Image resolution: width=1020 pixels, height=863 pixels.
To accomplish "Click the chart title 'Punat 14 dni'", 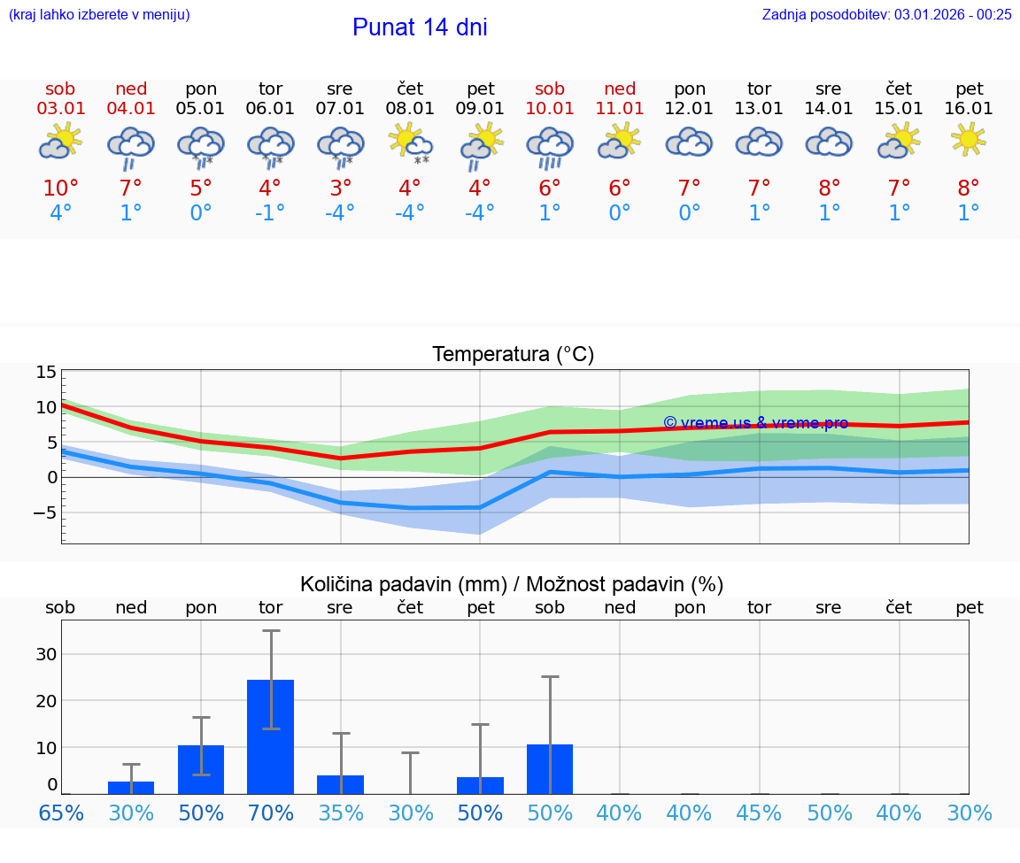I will pyautogui.click(x=420, y=27).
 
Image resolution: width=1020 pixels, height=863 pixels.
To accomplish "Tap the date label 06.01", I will pyautogui.click(x=270, y=109).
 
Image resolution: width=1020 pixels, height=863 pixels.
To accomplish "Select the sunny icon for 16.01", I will pyautogui.click(x=969, y=140).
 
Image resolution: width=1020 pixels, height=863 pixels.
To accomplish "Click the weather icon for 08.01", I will pyautogui.click(x=410, y=143).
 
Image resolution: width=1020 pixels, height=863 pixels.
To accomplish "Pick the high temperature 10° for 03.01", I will pyautogui.click(x=61, y=189).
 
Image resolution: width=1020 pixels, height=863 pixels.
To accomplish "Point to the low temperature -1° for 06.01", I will pyautogui.click(x=270, y=213).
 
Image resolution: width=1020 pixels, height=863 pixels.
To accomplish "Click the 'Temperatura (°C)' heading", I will pyautogui.click(x=513, y=355).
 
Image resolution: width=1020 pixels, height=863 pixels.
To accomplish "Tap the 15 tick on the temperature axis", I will pyautogui.click(x=46, y=373).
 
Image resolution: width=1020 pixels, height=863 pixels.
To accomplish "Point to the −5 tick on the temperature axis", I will pyautogui.click(x=44, y=512).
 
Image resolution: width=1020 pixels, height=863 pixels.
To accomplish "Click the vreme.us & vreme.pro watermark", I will pyautogui.click(x=755, y=423).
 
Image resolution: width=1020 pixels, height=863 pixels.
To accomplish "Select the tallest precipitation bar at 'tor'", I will pyautogui.click(x=270, y=736).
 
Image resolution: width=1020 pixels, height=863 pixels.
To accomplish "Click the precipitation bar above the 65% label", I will pyautogui.click(x=61, y=793).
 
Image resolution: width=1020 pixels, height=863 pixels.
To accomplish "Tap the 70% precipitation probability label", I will pyautogui.click(x=270, y=813).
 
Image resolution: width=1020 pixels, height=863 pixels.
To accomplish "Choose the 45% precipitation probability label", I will pyautogui.click(x=759, y=813).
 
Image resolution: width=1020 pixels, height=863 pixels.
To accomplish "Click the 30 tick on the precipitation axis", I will pyautogui.click(x=46, y=654).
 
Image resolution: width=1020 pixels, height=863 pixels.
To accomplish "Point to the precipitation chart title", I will pyautogui.click(x=512, y=584).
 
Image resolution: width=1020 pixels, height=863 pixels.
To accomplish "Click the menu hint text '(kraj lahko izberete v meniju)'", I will pyautogui.click(x=99, y=14).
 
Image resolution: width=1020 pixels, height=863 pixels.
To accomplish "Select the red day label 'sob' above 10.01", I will pyautogui.click(x=550, y=89).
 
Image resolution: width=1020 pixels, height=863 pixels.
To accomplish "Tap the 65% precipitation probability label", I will pyautogui.click(x=61, y=813).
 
